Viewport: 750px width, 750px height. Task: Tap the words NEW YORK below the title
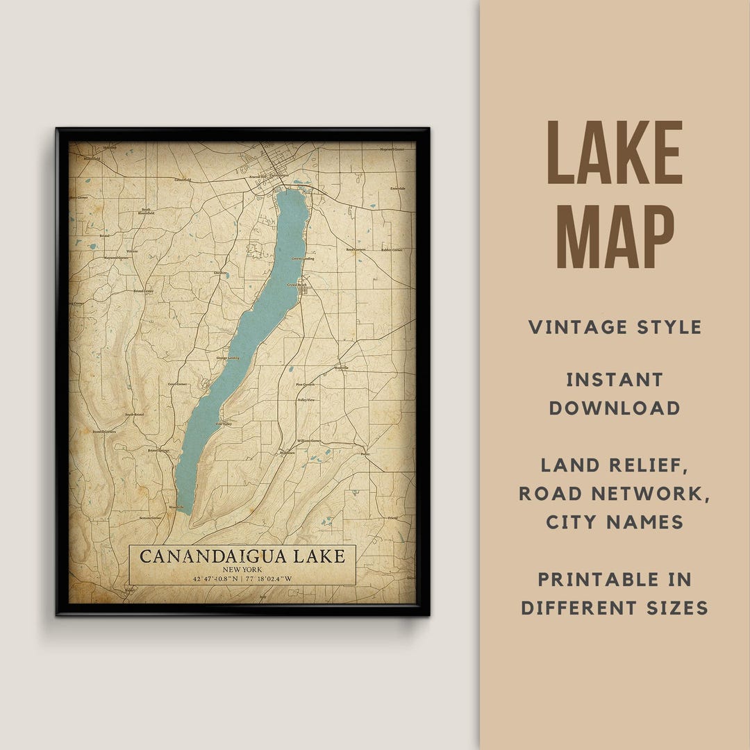click(242, 569)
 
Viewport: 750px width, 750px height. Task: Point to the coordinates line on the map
click(242, 578)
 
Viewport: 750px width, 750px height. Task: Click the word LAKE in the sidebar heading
click(615, 153)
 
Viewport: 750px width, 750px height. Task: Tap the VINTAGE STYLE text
click(615, 327)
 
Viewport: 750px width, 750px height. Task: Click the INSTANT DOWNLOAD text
click(615, 394)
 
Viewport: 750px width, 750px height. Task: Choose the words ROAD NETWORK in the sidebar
click(615, 493)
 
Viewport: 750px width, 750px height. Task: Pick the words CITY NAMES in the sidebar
click(615, 522)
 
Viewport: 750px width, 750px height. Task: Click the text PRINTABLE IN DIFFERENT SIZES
click(615, 594)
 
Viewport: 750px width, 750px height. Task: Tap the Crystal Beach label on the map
click(297, 284)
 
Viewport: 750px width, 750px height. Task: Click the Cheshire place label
click(221, 273)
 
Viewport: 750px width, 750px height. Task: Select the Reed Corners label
click(355, 249)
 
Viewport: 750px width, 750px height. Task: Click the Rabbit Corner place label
click(391, 249)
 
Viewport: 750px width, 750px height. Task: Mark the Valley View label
click(306, 401)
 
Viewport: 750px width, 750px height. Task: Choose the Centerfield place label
click(183, 181)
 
